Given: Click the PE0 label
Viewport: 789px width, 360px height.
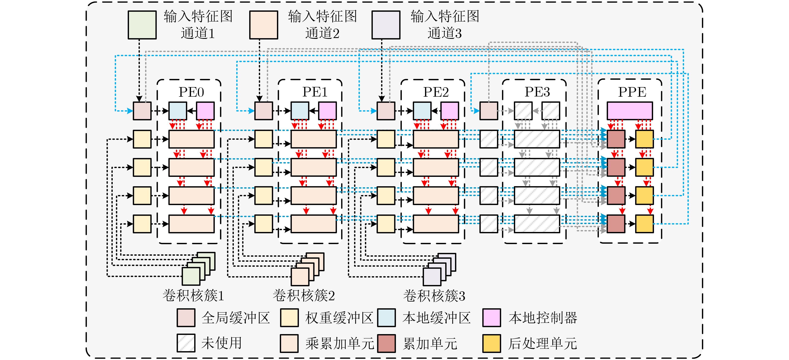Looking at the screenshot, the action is [191, 92].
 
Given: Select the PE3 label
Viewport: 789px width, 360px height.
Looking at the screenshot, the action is [537, 92].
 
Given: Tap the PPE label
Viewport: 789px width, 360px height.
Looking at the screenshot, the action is [632, 92].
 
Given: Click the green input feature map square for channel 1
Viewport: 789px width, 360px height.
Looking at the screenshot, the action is [142, 25].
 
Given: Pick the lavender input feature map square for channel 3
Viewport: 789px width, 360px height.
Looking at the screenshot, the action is [386, 25].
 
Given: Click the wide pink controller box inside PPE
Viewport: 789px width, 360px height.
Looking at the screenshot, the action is [630, 111].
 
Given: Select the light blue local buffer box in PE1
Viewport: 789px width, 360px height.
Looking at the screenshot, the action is [300, 111].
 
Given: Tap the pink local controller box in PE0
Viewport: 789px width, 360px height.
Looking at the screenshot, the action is [205, 111].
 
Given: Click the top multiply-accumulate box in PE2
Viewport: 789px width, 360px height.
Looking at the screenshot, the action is [436, 139].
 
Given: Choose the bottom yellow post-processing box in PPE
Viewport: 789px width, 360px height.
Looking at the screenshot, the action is [644, 224].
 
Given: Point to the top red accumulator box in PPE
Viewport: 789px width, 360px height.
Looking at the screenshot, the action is [616, 139].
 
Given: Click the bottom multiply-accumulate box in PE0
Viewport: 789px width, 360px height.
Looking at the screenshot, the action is [191, 224].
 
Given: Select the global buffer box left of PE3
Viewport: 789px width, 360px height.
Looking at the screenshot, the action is [489, 111].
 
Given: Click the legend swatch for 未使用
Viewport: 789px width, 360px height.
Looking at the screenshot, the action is [186, 343].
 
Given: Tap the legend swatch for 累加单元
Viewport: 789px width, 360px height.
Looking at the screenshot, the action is [387, 343].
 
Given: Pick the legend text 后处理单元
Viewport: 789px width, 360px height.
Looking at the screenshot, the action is [543, 343].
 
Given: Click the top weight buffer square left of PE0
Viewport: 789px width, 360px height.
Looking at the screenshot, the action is [142, 139].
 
